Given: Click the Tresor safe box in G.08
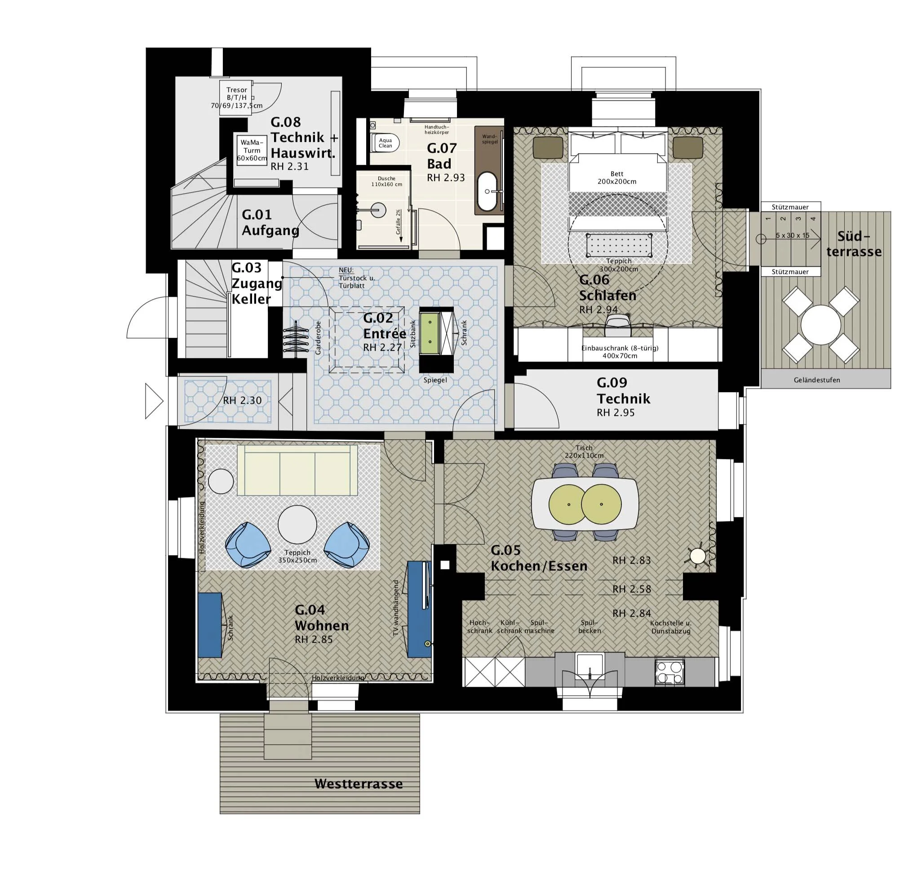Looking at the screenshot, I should click(x=236, y=97).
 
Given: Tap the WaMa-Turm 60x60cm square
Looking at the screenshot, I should click(x=251, y=150).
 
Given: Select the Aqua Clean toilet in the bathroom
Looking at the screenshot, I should click(x=387, y=143).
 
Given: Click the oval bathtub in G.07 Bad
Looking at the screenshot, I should click(x=487, y=191).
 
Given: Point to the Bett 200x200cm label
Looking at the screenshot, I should click(x=617, y=177).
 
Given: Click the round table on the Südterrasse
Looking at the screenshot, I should click(x=820, y=324).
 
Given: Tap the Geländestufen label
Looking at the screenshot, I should click(x=816, y=380).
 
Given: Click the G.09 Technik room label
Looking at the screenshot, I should click(x=623, y=391).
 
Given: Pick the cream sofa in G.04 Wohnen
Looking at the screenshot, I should click(x=297, y=471).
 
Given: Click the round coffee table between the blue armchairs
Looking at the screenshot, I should click(x=297, y=524).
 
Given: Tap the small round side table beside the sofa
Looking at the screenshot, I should click(x=221, y=481).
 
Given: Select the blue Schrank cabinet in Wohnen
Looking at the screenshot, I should click(x=209, y=625).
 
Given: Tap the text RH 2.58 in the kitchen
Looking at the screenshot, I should click(x=631, y=589).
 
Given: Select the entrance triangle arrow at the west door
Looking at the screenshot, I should click(x=153, y=401).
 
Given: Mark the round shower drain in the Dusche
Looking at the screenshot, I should click(x=378, y=210).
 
